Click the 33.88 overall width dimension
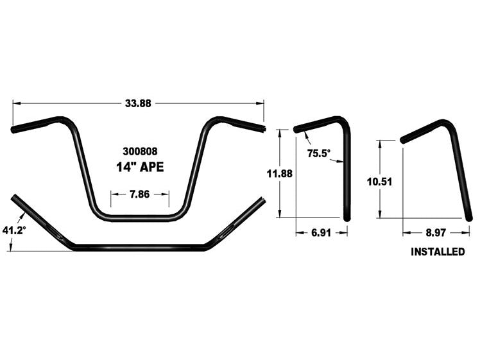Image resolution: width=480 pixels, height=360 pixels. [137, 103]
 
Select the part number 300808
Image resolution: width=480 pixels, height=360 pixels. [139, 152]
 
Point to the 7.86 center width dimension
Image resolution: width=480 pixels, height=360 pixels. [139, 193]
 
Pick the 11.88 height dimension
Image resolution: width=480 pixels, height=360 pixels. [280, 173]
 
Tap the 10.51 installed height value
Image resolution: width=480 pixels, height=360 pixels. [379, 182]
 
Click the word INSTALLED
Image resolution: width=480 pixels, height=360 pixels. [438, 252]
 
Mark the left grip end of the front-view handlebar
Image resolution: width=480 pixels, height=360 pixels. [13, 130]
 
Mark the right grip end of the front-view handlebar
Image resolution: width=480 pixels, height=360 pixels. [262, 127]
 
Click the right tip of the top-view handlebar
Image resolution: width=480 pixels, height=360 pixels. [262, 200]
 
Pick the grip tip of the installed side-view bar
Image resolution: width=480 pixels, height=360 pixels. [402, 139]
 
